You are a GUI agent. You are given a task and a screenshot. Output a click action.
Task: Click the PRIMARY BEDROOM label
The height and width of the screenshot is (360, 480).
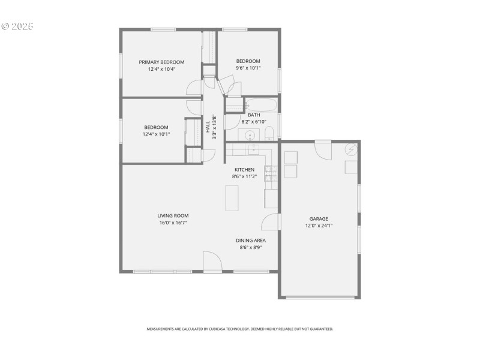[161, 62]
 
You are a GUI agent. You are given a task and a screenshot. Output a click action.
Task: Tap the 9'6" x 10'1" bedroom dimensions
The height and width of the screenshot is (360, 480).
[248, 68]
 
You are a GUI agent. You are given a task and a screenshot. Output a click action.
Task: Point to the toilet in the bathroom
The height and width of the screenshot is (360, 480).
[269, 133]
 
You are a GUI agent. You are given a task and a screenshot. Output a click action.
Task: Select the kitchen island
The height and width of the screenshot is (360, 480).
[232, 198]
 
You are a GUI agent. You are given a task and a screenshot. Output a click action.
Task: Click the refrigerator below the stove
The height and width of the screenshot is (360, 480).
[271, 197]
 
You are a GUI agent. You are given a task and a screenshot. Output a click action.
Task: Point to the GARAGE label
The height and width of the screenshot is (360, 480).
[319, 219]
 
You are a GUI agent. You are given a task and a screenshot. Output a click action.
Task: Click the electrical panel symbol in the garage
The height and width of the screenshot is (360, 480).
[350, 149]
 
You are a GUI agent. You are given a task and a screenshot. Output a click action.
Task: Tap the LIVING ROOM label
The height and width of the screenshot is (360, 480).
[173, 215]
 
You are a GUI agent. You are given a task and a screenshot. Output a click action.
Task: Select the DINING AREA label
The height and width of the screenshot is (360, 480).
[251, 240]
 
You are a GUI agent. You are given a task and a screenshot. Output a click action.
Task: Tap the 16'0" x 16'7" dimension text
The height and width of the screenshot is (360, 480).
[173, 223]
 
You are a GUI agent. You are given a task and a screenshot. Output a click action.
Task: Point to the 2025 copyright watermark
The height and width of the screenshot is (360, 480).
[17, 26]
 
